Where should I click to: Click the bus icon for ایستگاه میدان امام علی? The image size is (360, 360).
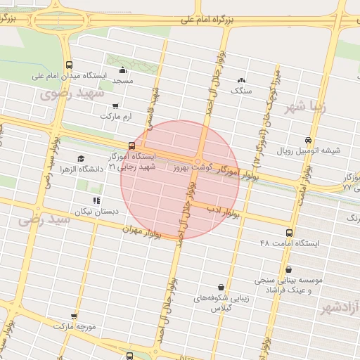[x=68, y=65]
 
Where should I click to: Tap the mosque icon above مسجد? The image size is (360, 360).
[x=123, y=70]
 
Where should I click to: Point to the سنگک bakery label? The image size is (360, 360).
[x=243, y=91]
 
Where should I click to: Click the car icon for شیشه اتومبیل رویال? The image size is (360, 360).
[x=308, y=139]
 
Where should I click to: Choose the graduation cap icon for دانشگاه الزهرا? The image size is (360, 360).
[x=81, y=159]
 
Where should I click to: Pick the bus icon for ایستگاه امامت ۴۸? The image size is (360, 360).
[x=288, y=233]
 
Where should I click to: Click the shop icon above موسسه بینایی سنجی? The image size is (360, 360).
[x=289, y=269]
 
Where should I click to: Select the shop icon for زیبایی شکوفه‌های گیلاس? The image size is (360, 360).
[x=222, y=287]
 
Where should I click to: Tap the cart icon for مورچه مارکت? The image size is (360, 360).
[x=74, y=317]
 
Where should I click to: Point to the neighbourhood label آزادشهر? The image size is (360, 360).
[x=340, y=308]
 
